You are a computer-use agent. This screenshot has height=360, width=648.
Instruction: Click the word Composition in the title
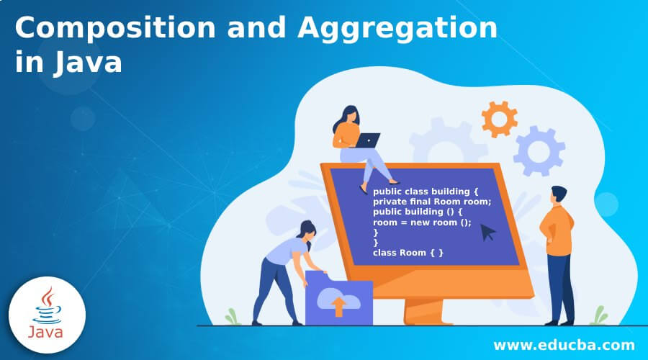[115, 27]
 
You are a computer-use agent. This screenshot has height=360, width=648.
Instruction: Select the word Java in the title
[88, 63]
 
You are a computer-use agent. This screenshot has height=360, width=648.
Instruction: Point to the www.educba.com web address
[564, 345]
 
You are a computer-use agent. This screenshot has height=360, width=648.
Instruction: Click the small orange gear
[499, 119]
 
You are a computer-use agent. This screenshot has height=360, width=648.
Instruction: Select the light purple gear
[539, 151]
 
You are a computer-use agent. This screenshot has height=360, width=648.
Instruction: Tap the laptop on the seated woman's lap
[367, 140]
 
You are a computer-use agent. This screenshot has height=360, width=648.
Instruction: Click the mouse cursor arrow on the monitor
[487, 232]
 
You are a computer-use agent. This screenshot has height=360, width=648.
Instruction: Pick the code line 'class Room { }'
[408, 253]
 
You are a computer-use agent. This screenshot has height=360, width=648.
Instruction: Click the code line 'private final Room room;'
[432, 202]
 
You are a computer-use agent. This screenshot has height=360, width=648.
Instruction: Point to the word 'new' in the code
[420, 222]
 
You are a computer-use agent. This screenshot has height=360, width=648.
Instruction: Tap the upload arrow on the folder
[338, 306]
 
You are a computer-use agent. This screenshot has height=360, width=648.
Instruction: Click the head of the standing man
[559, 194]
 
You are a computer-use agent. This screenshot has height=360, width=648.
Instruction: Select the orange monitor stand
[423, 311]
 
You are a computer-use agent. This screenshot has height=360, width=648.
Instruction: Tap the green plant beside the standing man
[598, 316]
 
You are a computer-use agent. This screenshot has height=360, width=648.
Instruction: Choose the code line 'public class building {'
[426, 192]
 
